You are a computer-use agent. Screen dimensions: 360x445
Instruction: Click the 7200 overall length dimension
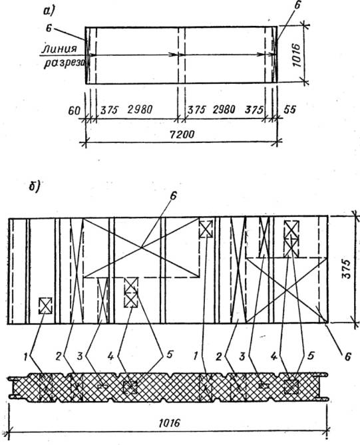tap(182, 134)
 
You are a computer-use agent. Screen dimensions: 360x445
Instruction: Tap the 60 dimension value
tap(74, 110)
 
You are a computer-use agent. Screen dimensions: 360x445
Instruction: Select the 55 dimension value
tap(289, 109)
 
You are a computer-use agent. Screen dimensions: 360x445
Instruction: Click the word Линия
tap(60, 49)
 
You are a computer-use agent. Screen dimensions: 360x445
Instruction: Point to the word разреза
tap(65, 63)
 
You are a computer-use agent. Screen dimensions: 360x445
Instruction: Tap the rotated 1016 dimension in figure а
tap(297, 55)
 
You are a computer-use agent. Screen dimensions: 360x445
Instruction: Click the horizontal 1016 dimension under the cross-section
tap(169, 423)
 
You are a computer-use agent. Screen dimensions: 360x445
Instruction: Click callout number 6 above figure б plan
tap(173, 196)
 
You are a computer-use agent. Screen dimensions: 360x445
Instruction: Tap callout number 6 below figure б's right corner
tap(348, 356)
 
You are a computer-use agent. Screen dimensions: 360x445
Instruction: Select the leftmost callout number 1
tap(26, 357)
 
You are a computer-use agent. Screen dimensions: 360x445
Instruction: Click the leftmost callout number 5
tap(170, 355)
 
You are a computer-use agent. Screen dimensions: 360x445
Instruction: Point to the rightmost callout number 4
tap(273, 357)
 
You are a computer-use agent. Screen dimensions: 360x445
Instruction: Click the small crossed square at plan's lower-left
tap(45, 306)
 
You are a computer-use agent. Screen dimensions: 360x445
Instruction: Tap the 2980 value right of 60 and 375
tap(140, 109)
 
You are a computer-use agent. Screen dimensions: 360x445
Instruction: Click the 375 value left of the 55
tap(254, 110)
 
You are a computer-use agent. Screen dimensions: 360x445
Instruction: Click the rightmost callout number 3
tap(242, 357)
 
